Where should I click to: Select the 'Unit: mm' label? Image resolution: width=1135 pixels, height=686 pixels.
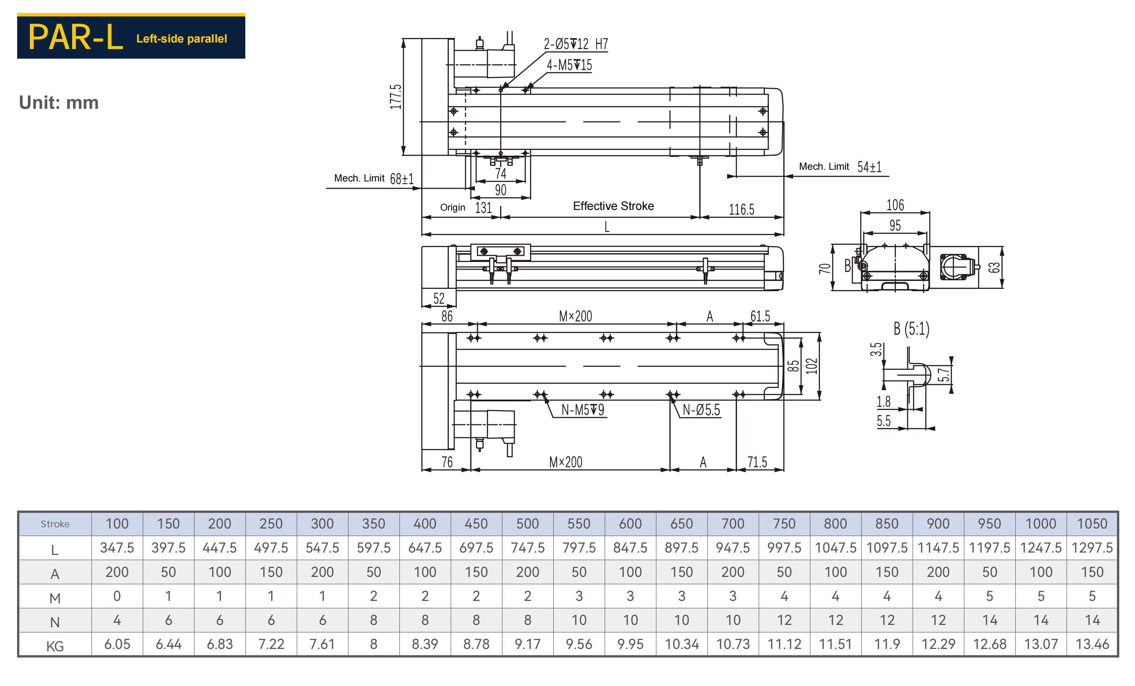point(59,103)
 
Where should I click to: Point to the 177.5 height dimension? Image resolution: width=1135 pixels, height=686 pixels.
point(396,97)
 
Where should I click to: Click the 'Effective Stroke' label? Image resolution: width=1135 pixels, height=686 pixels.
point(613,206)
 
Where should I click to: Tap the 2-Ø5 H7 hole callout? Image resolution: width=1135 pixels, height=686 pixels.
point(576,44)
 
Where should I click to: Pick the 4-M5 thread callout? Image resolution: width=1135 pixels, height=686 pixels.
point(569,65)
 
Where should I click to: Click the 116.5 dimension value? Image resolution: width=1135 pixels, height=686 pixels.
point(741,210)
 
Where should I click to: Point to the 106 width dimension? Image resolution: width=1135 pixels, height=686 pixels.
point(895,205)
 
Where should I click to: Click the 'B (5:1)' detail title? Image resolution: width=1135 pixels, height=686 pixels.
point(911,329)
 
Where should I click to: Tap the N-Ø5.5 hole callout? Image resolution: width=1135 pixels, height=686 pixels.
point(701,410)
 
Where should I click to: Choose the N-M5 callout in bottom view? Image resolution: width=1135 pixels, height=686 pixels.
point(583,410)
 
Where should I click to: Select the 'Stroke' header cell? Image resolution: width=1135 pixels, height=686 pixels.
point(55,524)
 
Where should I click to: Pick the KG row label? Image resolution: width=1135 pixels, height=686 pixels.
point(55,646)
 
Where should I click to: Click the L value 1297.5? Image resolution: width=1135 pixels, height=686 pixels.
point(1092,548)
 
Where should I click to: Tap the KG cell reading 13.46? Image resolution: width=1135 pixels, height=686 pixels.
point(1092,644)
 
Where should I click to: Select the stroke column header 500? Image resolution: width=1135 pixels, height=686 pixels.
point(527,524)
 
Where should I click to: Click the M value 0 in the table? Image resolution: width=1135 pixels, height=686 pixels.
point(117,596)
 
